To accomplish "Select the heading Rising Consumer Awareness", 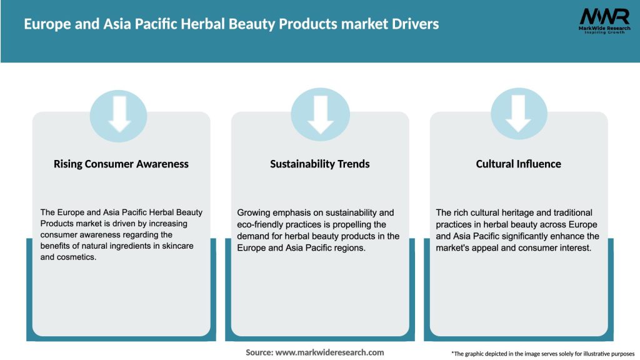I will pos(121,164).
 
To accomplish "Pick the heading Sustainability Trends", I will pos(320,164).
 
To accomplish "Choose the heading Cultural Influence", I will pos(519,164).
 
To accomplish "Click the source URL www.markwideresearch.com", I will pos(330,352).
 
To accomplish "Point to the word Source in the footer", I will pos(259,352).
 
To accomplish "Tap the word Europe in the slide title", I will pos(44,24).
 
